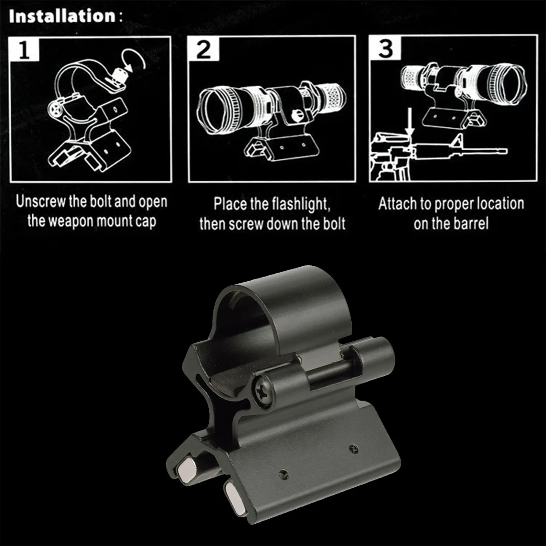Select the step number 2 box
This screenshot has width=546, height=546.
pos(203,49)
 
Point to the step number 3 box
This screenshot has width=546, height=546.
pos(385,48)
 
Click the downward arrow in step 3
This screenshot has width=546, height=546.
pos(409,122)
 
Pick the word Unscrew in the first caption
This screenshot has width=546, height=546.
pos(40,202)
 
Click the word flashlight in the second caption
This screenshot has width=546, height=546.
pos(301,204)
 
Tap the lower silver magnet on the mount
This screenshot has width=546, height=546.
pos(236,495)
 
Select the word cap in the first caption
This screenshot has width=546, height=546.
pos(146,222)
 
